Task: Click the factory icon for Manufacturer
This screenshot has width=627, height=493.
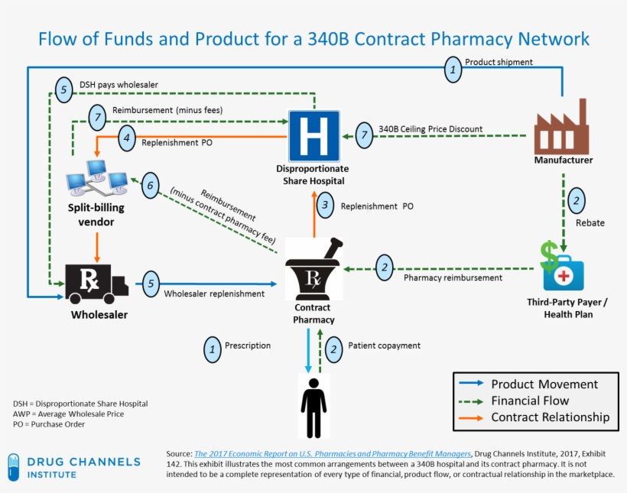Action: click(562, 129)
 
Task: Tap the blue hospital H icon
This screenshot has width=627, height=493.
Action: click(312, 136)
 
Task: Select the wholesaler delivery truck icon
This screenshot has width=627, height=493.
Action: click(97, 284)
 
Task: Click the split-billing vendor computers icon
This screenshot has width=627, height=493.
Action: click(96, 177)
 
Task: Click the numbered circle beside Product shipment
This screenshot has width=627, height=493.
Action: click(453, 70)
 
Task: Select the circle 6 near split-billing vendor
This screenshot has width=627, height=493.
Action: click(151, 185)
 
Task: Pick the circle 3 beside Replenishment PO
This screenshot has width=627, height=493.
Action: click(325, 205)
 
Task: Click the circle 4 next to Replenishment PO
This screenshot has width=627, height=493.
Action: click(128, 139)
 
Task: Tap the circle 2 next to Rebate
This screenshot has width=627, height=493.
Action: click(575, 202)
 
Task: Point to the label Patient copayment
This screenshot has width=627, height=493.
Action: click(384, 345)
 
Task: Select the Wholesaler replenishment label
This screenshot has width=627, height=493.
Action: click(214, 294)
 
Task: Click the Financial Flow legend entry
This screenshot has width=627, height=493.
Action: click(530, 401)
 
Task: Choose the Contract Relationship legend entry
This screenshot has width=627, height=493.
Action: click(550, 417)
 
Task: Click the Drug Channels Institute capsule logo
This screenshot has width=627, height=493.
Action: click(13, 466)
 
